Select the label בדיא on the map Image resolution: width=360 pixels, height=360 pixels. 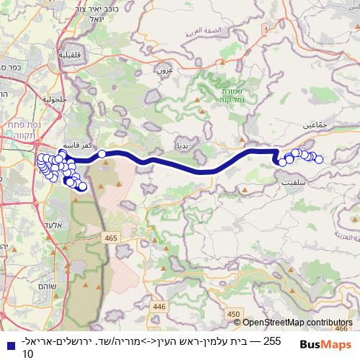pos(181,145)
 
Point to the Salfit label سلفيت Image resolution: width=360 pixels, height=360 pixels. pos(290,184)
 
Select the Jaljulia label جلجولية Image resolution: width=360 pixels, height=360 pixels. pos(53,99)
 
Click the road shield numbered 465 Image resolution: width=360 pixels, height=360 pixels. pos(111,236)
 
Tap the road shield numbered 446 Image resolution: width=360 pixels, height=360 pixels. pos(158,306)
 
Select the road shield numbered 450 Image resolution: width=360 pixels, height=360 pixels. pos(233,313)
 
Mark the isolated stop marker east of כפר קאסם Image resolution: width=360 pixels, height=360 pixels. pos(102,153)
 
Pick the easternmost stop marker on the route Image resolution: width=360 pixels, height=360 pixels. pos(319,160)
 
